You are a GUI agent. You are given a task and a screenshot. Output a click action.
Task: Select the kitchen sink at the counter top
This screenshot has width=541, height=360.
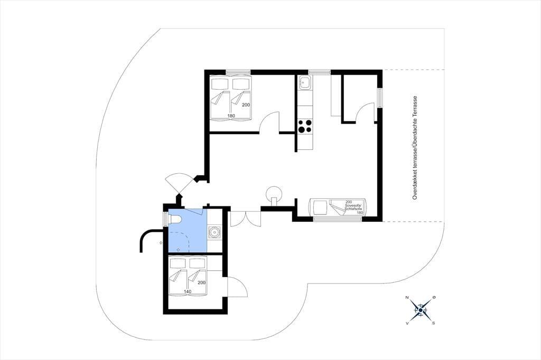pyautogui.click(x=305, y=83)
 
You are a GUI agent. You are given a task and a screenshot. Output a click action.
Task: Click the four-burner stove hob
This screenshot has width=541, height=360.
pyautogui.click(x=305, y=126)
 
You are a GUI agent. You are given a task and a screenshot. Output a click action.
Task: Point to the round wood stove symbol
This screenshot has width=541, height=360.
pyautogui.click(x=274, y=193)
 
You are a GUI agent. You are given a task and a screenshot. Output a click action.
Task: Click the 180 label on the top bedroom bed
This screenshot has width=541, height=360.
pyautogui.click(x=231, y=116)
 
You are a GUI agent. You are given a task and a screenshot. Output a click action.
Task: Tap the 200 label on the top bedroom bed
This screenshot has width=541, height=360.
pyautogui.click(x=246, y=105)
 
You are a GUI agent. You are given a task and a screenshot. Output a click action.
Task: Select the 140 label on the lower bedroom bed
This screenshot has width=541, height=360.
pyautogui.click(x=188, y=292)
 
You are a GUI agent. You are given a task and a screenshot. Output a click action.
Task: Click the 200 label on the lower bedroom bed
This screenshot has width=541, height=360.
pyautogui.click(x=201, y=283)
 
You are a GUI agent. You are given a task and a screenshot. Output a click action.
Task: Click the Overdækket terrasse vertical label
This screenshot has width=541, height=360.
pyautogui.click(x=415, y=148)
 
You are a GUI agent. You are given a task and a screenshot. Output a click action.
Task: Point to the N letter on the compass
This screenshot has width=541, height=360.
pyautogui.click(x=407, y=298)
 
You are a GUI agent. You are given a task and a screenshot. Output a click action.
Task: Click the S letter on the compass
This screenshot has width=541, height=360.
pyautogui.click(x=434, y=323)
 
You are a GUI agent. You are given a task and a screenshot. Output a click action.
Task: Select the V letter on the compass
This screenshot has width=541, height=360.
pyautogui.click(x=407, y=323)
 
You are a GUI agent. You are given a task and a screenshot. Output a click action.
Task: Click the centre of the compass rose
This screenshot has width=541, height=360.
pyautogui.click(x=421, y=310)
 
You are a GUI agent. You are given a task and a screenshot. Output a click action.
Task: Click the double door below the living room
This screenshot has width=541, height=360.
pyautogui.click(x=245, y=219)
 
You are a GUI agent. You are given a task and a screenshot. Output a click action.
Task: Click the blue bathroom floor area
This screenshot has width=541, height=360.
pyautogui.click(x=188, y=234)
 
